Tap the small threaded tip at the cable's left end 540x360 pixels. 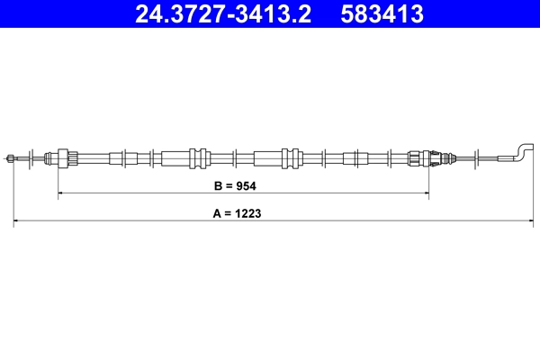(x=9, y=158)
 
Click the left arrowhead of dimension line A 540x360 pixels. (x=15, y=220)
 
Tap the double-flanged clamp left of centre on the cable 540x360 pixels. (x=199, y=157)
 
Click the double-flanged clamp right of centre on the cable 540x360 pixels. (x=291, y=157)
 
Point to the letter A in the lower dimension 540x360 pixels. (x=217, y=215)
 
